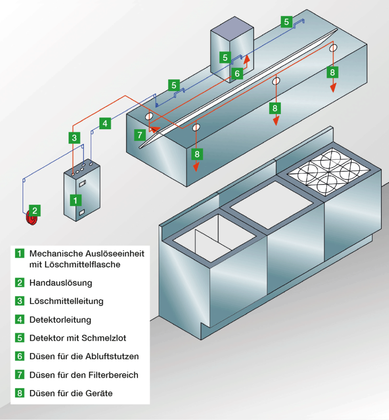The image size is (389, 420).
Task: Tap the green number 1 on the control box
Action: click(75, 200)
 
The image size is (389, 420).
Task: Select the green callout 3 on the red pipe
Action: click(74, 138)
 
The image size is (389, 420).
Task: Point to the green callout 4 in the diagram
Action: click(105, 123)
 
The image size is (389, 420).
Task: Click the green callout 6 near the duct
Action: click(237, 73)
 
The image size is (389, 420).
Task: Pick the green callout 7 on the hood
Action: click(140, 135)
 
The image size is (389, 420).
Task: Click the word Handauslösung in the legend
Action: click(61, 283)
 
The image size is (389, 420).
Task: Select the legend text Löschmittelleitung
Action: click(66, 301)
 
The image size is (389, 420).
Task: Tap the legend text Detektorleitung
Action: click(60, 320)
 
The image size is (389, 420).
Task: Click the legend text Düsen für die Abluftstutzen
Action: click(84, 356)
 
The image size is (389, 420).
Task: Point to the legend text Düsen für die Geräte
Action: click(71, 393)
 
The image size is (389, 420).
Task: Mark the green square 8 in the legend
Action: click(19, 393)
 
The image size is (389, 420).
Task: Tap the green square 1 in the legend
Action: click(19, 253)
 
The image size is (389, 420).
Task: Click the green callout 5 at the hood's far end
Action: click(286, 21)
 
